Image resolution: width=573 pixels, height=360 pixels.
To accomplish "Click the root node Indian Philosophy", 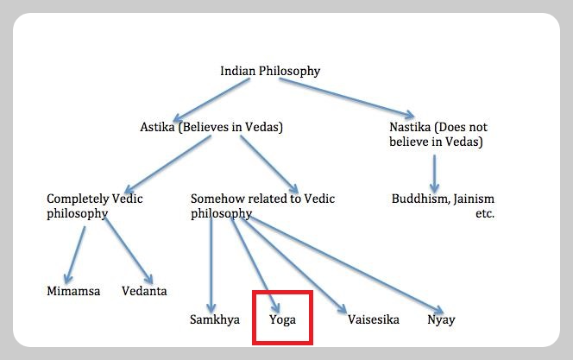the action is coord(270,71).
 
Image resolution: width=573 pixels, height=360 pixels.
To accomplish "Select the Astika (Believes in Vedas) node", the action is coord(211,127).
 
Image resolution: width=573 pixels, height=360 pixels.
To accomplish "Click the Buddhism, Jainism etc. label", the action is coord(443,205).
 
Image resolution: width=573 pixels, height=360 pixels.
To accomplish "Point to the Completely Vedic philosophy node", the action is coord(94,205).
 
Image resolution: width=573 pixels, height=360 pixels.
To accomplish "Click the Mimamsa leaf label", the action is coord(73,291).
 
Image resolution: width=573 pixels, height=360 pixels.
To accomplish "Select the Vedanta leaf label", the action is coord(144,291).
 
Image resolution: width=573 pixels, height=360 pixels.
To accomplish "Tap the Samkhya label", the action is coord(214,319).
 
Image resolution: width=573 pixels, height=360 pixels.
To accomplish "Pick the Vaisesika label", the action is coord(374,319).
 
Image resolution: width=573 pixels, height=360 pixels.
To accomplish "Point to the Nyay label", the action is coord(441,319).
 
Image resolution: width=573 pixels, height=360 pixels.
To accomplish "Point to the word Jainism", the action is coord(471,199).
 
